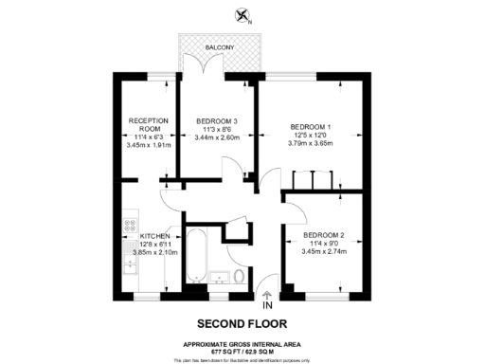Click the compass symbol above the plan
pos(243,15)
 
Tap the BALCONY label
pos(219,45)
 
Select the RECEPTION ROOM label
pos(149,124)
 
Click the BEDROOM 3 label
pos(217,120)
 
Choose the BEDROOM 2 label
pos(324,234)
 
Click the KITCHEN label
pos(155,235)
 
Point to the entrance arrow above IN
pos(267,294)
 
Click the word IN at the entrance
pos(267,305)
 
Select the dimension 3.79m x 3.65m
pos(309,143)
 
